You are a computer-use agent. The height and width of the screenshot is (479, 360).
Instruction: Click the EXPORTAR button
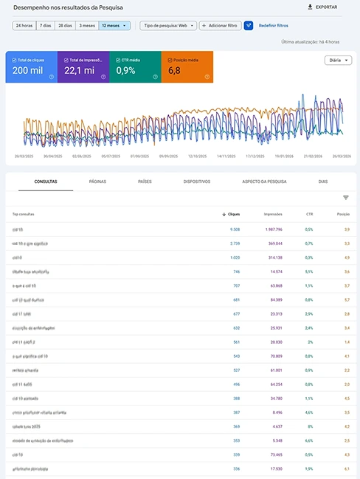click(x=322, y=7)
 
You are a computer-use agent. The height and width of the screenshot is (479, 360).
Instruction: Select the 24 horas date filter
click(x=24, y=25)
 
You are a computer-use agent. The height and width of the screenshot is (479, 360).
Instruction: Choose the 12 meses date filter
click(x=114, y=25)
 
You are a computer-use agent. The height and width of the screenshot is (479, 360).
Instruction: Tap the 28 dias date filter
click(x=66, y=25)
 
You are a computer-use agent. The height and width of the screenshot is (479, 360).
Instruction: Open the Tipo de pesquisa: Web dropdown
click(x=168, y=25)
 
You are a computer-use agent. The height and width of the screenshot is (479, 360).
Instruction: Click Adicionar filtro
click(x=221, y=25)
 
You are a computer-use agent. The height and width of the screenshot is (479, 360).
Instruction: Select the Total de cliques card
click(x=31, y=67)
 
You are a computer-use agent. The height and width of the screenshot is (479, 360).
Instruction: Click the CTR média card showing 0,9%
click(x=134, y=67)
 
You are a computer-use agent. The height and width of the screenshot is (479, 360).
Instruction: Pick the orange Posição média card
click(x=187, y=67)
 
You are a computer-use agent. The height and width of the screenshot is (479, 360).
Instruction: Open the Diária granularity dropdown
click(x=337, y=61)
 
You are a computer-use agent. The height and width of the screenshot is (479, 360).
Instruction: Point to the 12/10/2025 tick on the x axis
click(x=196, y=156)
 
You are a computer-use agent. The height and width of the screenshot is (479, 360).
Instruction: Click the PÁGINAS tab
click(x=97, y=181)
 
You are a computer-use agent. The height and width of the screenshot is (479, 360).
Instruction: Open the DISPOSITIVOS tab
click(x=197, y=181)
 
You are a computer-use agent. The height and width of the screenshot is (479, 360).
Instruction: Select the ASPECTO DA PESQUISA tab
click(x=264, y=181)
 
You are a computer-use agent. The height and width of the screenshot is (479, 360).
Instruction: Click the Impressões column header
click(x=273, y=214)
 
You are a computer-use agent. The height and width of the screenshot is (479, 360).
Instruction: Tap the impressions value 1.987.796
click(x=271, y=230)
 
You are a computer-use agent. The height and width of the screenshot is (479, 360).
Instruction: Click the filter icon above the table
click(x=345, y=198)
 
